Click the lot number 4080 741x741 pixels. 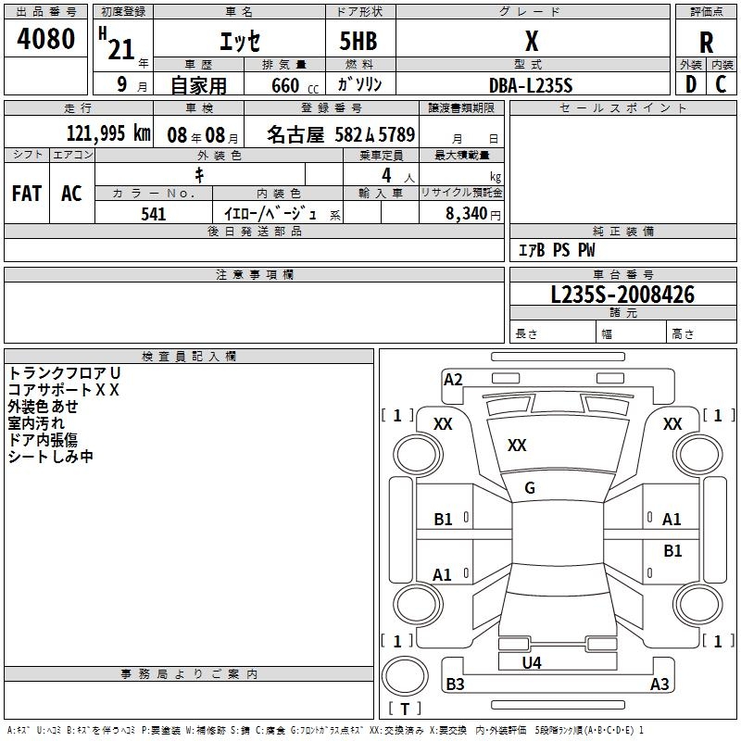coord(46,39)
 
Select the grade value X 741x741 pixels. coord(531,41)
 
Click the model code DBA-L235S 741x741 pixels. coord(531,84)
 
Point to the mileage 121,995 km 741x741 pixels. coord(108,133)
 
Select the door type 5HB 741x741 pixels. coord(351,41)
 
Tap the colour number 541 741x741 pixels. coord(154,214)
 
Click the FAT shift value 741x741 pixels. coord(27,194)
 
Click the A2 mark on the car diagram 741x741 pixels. coord(453,379)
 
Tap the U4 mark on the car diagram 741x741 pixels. coord(531,662)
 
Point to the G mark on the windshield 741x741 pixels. coord(530,487)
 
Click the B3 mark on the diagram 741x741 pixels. coord(456,684)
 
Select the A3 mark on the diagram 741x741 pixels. coord(659,684)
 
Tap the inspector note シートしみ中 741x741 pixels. coord(51,456)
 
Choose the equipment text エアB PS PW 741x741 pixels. coord(557,250)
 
